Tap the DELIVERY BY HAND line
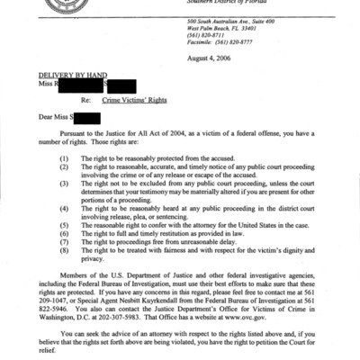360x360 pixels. coord(66,76)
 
